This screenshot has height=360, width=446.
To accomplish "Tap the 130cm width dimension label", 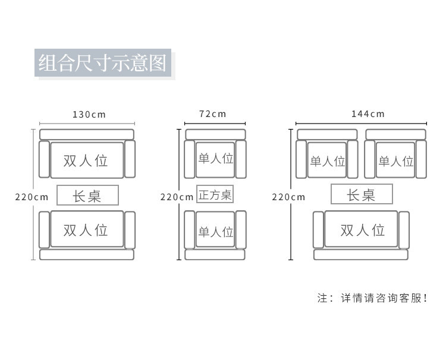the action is [87, 114].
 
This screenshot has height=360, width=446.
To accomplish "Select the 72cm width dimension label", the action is [212, 114].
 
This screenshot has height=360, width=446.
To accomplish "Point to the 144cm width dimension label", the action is [368, 114].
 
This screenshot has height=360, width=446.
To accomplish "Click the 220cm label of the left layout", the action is [32, 197].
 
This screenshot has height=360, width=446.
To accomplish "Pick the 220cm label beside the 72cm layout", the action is [177, 197].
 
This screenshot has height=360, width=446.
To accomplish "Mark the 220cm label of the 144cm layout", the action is [288, 197].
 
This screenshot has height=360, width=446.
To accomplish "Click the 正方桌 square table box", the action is [215, 194].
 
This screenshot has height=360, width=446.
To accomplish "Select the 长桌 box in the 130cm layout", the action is [87, 195].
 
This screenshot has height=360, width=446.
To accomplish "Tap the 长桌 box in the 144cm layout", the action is [361, 194].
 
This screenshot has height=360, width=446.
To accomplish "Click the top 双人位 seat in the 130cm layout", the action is [87, 160].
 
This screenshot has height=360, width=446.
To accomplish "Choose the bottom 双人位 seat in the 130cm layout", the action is [87, 229].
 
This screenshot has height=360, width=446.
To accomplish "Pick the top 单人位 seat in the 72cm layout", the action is [215, 159].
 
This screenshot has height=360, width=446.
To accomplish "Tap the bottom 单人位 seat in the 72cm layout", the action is [215, 230].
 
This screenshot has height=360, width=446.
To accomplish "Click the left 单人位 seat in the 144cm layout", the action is [327, 160].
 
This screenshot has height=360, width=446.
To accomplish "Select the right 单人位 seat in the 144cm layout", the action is [395, 160].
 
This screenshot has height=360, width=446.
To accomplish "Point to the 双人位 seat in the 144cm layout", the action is [361, 229].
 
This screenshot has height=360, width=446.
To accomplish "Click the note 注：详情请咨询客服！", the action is [373, 298].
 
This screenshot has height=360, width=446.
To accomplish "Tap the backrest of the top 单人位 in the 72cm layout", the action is [215, 134].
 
